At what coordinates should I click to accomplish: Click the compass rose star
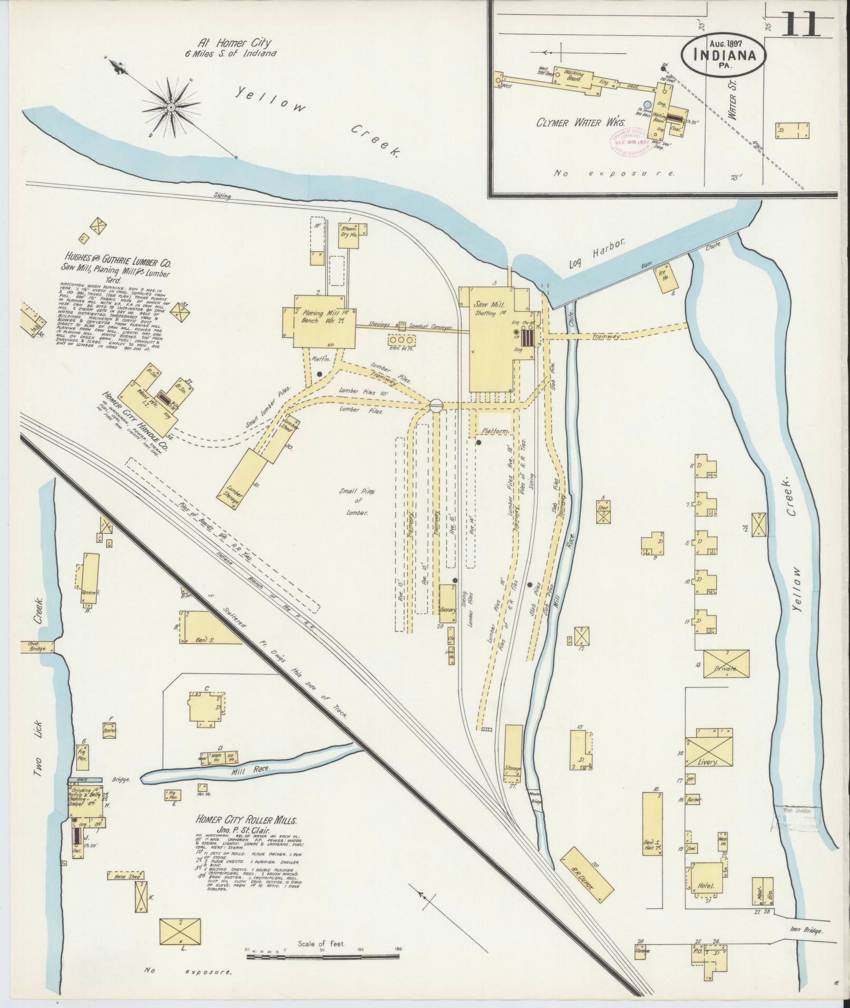pos(171,107)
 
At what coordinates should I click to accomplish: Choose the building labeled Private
pos(725,668)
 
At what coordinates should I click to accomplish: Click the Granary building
pos(448,602)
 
